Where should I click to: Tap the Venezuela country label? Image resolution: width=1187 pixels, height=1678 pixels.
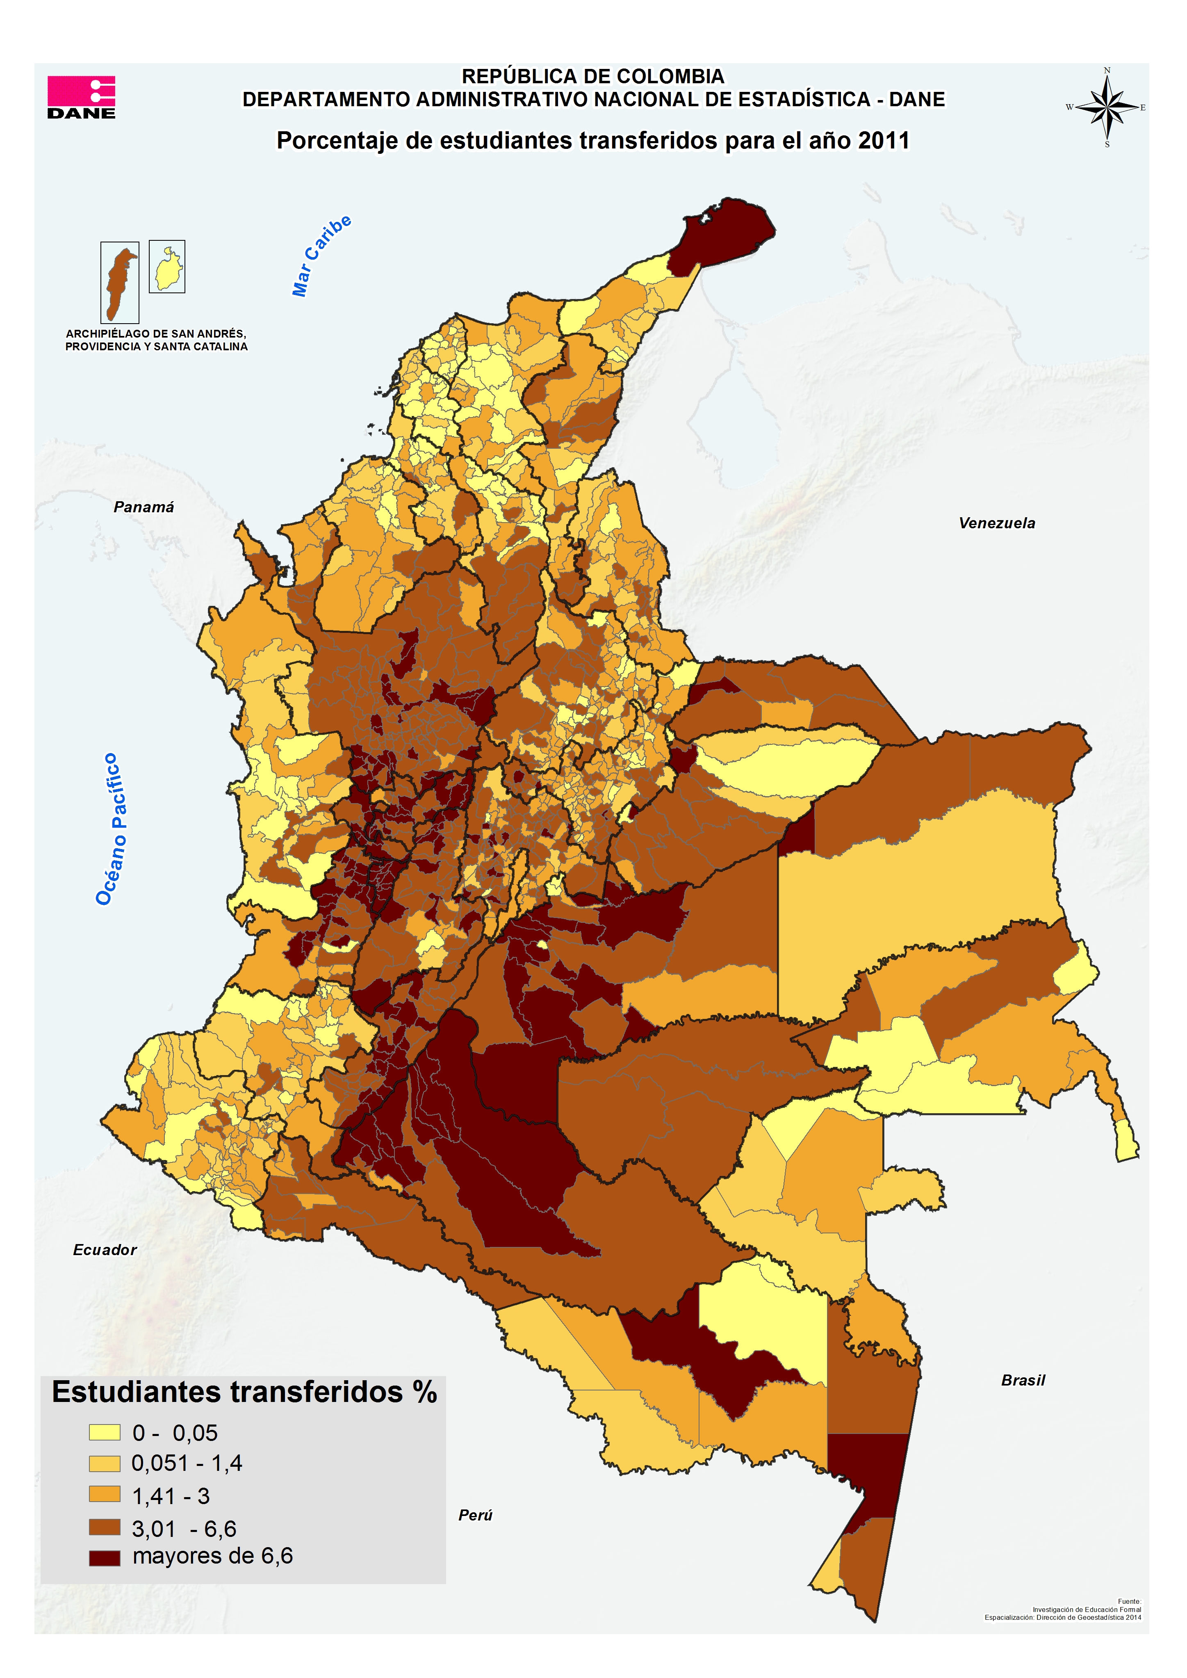pyautogui.click(x=996, y=523)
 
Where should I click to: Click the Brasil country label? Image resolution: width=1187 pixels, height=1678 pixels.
pyautogui.click(x=1023, y=1380)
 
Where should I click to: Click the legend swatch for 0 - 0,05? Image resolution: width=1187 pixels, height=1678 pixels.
pyautogui.click(x=105, y=1432)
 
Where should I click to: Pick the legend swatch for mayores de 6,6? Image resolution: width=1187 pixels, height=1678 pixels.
pyautogui.click(x=105, y=1558)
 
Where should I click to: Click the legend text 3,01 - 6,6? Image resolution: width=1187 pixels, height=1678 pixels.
pyautogui.click(x=183, y=1529)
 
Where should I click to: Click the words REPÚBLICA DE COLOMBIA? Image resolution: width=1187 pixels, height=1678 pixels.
pyautogui.click(x=593, y=76)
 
